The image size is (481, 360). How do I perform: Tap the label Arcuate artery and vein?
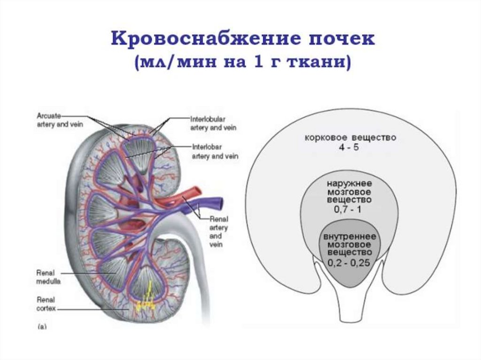pos(50,119)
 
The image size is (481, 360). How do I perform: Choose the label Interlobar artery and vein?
pos(214,152)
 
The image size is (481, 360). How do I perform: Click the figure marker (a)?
pos(41,327)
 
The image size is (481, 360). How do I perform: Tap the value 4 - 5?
pos(350,148)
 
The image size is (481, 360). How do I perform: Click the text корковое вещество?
pos(350,138)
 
